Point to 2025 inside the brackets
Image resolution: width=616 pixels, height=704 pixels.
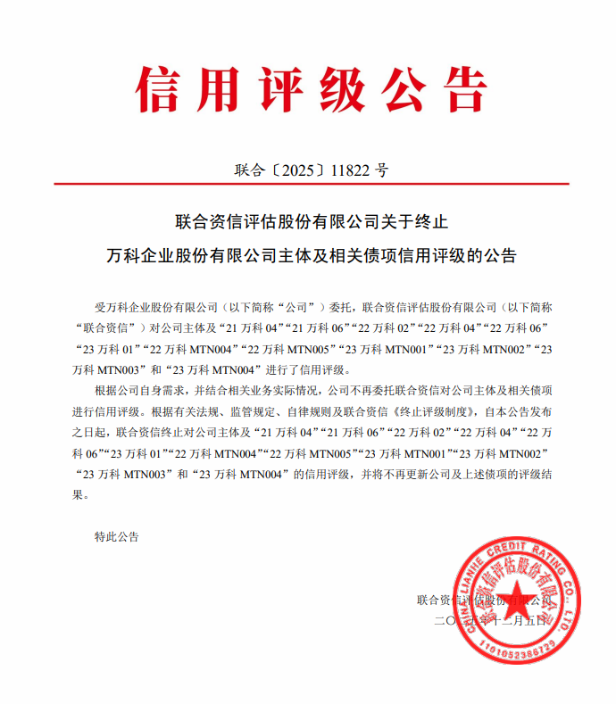point(292,169)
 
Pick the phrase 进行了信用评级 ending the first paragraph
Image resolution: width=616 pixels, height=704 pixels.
point(308,369)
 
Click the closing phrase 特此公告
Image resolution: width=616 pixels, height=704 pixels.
point(116,537)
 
